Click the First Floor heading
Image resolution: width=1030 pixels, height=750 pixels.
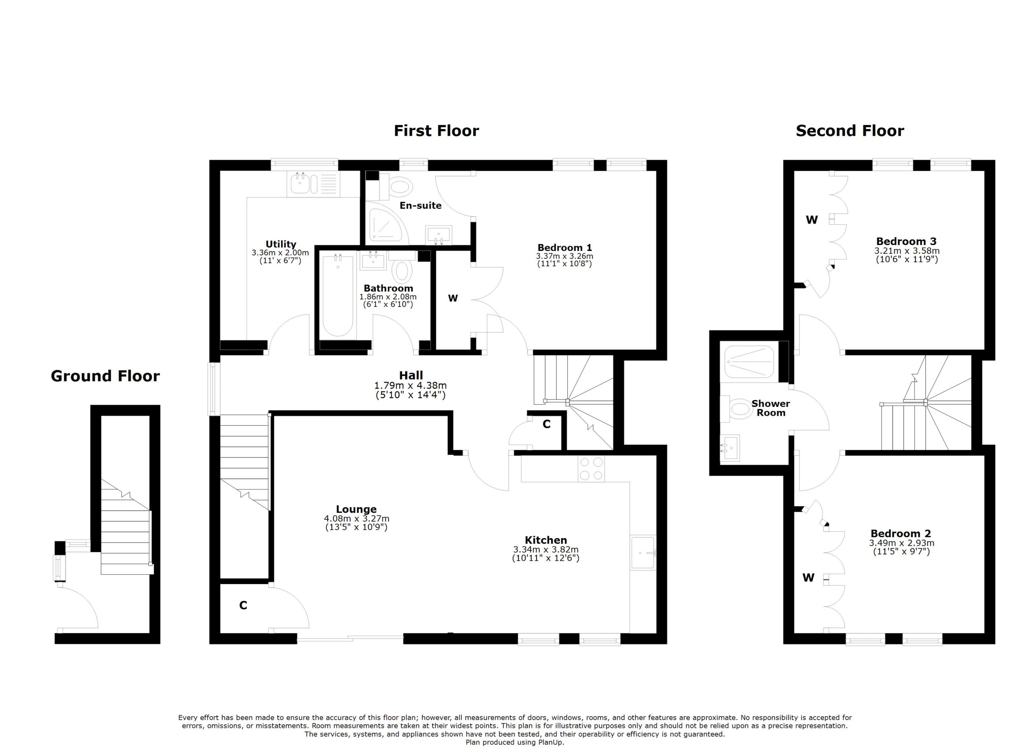tap(436, 131)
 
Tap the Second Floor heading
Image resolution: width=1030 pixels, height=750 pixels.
tap(850, 131)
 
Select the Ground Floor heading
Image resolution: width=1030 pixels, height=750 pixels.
tap(105, 376)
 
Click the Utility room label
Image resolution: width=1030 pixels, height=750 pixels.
tap(281, 244)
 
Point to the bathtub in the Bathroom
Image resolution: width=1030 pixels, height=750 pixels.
tap(338, 296)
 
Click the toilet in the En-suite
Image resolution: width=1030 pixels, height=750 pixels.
tap(400, 186)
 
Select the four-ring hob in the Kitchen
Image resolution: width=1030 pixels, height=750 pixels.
tap(591, 468)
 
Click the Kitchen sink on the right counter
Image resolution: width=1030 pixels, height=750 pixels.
tap(643, 553)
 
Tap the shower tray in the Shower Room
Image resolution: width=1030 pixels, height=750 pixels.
tap(749, 362)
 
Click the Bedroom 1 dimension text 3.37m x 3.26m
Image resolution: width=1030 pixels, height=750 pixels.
tap(564, 256)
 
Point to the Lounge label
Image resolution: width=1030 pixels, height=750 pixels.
tap(356, 509)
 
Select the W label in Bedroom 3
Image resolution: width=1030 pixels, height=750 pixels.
tap(812, 220)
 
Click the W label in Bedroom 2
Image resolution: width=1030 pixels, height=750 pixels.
tap(808, 578)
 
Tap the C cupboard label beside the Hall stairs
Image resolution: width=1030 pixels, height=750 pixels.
tap(546, 424)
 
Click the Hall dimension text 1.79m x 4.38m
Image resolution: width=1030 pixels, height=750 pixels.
tap(410, 385)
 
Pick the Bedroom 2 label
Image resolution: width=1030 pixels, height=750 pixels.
tap(900, 534)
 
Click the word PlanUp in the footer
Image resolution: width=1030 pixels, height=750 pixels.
tap(553, 742)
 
